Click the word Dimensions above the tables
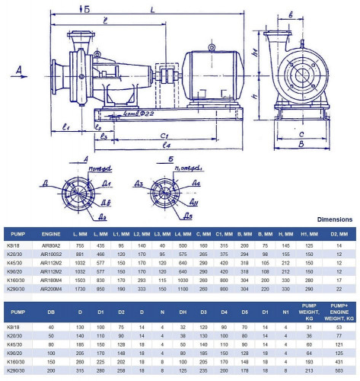(x=334, y=218)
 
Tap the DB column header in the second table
(x=51, y=312)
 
